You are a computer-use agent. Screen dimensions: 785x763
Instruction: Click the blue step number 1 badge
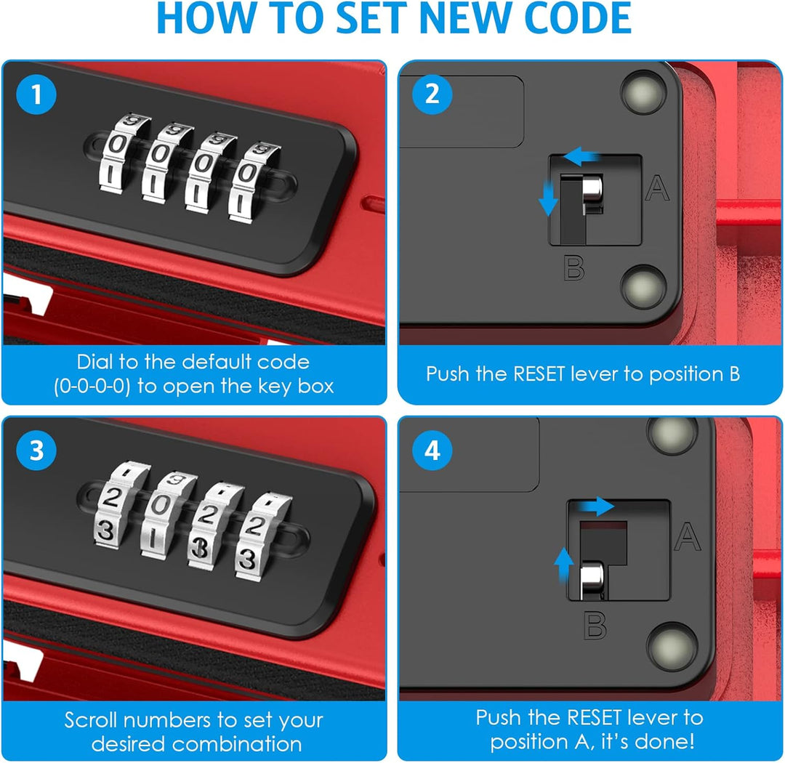[x=36, y=94]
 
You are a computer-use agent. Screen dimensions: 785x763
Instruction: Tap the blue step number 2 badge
[x=432, y=94]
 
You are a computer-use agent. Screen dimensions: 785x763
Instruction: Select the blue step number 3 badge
[x=36, y=450]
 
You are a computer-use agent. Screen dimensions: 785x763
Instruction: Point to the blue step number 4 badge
[x=432, y=450]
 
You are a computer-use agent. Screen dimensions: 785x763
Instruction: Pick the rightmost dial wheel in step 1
[x=253, y=182]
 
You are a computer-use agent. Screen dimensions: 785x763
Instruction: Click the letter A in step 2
[x=657, y=188]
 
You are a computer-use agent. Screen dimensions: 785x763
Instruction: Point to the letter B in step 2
[x=573, y=268]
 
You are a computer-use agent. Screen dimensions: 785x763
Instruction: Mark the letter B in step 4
[x=595, y=626]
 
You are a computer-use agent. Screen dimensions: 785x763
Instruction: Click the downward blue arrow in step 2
[x=548, y=198]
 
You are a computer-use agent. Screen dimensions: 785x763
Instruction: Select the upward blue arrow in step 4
[x=564, y=565]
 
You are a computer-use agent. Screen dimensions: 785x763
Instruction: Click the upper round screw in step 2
[x=644, y=92]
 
